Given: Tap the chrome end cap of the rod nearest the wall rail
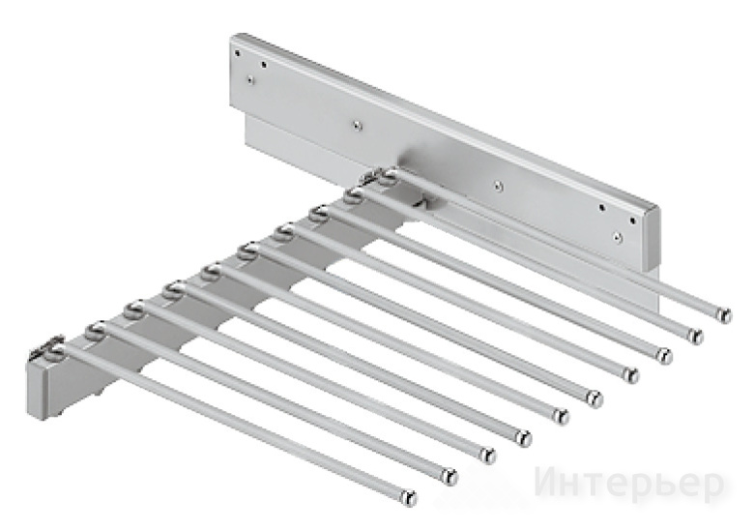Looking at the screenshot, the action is click(723, 315).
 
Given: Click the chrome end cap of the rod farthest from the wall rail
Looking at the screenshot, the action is click(409, 496).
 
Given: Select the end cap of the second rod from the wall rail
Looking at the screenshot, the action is click(695, 335).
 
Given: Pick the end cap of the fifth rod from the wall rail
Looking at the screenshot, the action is click(595, 397).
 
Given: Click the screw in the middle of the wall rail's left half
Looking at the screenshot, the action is click(356, 125).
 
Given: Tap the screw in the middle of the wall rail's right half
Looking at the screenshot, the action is click(499, 183).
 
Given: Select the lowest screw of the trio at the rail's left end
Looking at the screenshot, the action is click(250, 80).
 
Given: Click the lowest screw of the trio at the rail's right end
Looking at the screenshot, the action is click(619, 237).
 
